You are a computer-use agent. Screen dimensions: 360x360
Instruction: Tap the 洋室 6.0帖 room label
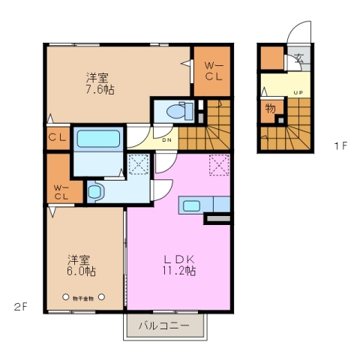79,265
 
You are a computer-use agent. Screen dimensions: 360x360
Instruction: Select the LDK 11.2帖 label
180,265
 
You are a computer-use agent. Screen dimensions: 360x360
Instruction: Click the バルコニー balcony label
163,326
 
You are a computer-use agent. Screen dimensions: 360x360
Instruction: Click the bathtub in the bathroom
99,139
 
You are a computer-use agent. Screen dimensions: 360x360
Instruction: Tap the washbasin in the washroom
95,191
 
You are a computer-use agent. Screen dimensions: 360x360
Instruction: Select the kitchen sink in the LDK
190,205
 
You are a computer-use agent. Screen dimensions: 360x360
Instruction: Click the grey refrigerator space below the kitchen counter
218,219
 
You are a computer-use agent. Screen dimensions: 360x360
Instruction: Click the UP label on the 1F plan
298,93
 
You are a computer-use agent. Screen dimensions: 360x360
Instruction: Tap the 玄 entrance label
298,58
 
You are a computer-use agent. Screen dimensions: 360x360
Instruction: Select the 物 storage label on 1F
270,109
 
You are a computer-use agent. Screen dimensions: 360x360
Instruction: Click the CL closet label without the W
57,138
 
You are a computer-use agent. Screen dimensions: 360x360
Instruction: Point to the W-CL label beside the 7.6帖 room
213,71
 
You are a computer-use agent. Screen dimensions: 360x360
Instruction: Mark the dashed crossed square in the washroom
137,164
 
